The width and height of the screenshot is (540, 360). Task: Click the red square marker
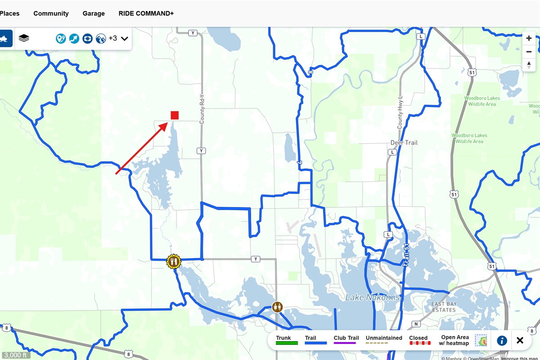click(x=175, y=115)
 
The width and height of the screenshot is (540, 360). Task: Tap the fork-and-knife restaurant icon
click(x=173, y=261)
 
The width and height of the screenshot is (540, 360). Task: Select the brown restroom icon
click(x=277, y=307)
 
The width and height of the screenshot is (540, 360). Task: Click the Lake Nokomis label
click(x=373, y=297)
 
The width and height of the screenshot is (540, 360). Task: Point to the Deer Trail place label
click(x=404, y=143)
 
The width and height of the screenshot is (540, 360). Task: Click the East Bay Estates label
click(x=444, y=307)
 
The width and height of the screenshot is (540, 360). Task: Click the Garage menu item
click(x=94, y=13)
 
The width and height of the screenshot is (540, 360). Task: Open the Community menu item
click(x=51, y=13)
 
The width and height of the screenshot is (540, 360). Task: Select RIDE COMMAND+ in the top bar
click(x=146, y=13)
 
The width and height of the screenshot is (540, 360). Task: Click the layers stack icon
click(x=24, y=38)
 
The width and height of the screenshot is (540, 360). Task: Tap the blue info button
click(x=502, y=340)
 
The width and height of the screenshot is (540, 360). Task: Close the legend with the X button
click(x=520, y=340)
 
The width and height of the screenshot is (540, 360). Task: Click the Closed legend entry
click(x=418, y=340)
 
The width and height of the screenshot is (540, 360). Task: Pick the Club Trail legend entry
click(x=346, y=340)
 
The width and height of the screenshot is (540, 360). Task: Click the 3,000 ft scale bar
click(x=15, y=355)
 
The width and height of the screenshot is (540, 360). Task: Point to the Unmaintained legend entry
click(x=384, y=340)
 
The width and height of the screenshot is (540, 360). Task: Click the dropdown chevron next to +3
click(x=125, y=39)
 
